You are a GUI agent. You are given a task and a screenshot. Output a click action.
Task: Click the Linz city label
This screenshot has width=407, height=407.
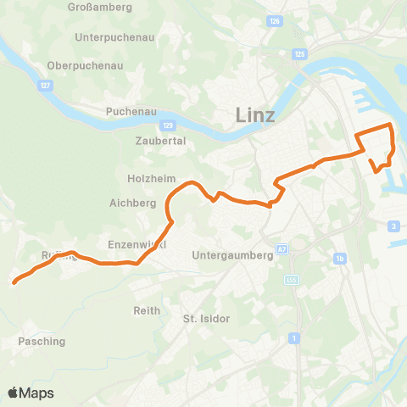(255, 115)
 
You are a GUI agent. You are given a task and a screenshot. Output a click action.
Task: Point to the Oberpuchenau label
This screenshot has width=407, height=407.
(86, 65)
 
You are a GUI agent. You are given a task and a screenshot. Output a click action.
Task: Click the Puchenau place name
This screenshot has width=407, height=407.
(128, 111)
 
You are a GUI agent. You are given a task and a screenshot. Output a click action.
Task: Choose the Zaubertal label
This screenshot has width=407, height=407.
(160, 141)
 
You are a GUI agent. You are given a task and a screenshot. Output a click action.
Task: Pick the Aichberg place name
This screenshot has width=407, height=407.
(133, 203)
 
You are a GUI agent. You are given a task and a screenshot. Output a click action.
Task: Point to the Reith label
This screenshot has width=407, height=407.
(147, 310)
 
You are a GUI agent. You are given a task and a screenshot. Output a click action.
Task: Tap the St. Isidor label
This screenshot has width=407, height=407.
(207, 318)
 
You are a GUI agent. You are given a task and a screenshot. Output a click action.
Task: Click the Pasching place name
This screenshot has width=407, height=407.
(41, 341)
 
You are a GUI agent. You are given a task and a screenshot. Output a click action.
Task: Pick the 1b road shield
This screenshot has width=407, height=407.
(340, 258)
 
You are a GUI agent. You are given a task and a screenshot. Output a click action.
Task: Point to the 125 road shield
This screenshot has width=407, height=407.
(299, 53)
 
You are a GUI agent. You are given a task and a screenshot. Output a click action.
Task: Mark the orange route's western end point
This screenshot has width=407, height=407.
(14, 283)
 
